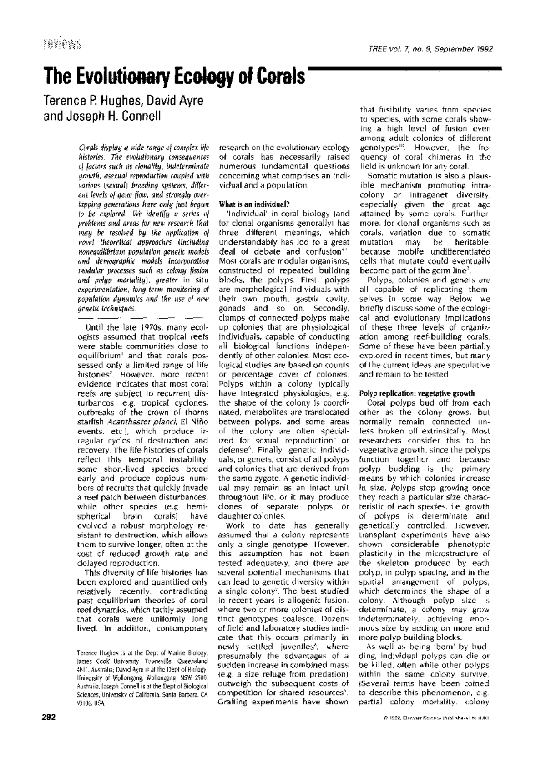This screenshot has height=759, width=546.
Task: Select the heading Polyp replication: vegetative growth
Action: [x=417, y=393]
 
